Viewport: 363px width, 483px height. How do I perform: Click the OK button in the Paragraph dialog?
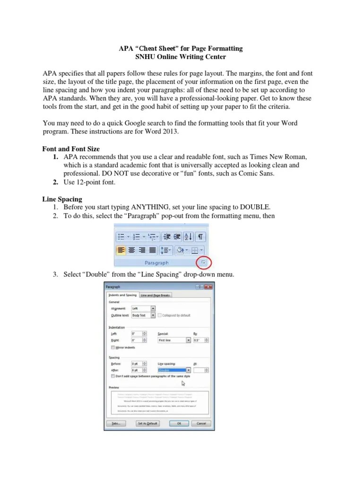[179, 423]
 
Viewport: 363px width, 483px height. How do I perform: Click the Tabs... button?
[116, 423]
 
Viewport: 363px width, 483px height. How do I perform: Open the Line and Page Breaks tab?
[155, 295]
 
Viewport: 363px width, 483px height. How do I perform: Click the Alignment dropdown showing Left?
[143, 308]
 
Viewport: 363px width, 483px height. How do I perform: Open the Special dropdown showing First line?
[174, 340]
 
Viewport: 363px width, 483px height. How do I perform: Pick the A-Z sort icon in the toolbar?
[188, 237]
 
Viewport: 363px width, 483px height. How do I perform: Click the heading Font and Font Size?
[71, 149]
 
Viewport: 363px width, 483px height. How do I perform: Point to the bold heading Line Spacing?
[62, 199]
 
